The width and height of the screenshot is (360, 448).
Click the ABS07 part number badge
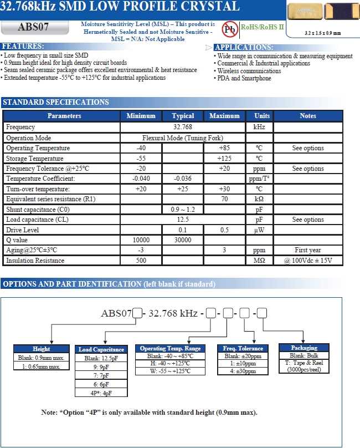point(35,28)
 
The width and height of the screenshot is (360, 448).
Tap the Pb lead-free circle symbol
point(229,28)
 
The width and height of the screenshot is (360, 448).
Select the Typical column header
point(183,116)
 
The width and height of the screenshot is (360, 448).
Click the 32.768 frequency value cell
point(183,127)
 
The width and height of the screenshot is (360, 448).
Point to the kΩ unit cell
point(259,199)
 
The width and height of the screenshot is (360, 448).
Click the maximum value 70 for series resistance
point(224,199)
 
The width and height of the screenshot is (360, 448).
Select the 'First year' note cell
point(308,250)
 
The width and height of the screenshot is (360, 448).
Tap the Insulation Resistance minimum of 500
point(141,261)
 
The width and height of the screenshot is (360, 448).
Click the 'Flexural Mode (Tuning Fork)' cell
point(183,138)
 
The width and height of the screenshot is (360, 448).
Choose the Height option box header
point(42,349)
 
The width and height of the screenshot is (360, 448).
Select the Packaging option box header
point(304,348)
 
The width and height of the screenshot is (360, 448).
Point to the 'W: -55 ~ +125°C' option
point(170,371)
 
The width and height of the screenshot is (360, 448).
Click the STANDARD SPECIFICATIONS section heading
point(56,103)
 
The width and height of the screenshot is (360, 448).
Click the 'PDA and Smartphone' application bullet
point(244,79)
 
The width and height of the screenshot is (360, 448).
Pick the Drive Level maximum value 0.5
point(224,230)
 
